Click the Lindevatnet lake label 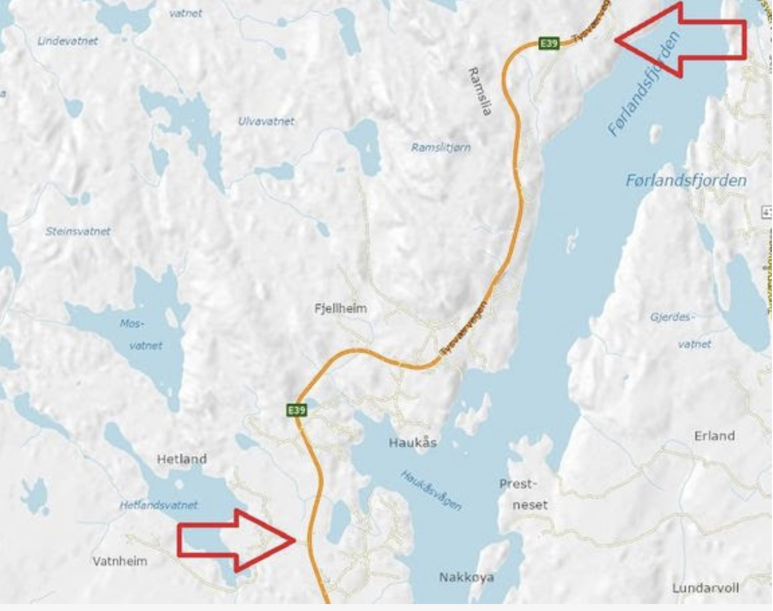68,41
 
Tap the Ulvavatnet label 266,121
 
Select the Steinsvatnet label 78,231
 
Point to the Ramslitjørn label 441,147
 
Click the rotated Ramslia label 480,91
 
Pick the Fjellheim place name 341,308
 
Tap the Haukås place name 413,442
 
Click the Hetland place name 182,459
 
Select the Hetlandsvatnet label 158,505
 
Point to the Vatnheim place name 120,561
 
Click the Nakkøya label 466,577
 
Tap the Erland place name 714,435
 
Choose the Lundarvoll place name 706,588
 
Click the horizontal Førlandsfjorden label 686,180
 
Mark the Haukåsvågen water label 431,490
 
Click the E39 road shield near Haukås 296,410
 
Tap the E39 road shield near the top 549,43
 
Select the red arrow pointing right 236,540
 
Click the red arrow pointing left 681,40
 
